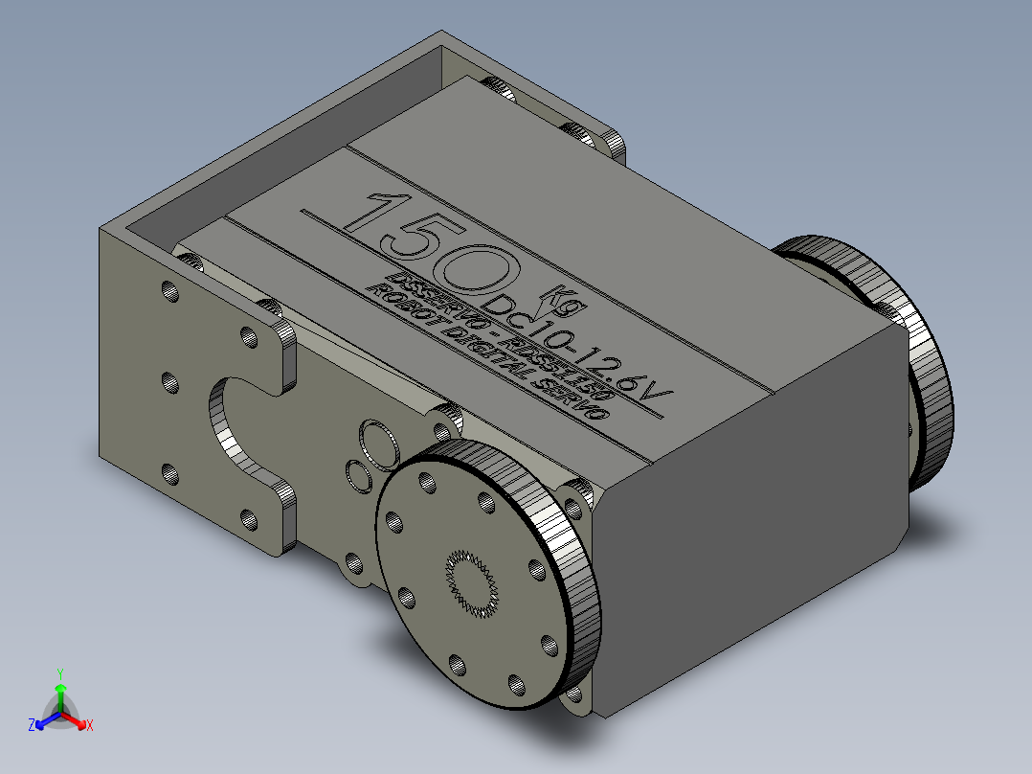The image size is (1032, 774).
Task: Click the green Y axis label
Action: (x=59, y=673)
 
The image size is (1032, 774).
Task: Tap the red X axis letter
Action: (x=89, y=726)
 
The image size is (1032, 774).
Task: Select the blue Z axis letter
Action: (x=31, y=726)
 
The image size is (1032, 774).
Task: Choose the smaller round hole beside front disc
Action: (x=360, y=474)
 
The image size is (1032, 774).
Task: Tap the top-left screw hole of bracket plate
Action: (x=170, y=291)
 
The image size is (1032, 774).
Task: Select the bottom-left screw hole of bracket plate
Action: (x=170, y=473)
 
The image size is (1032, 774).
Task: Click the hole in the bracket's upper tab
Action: (x=248, y=336)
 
